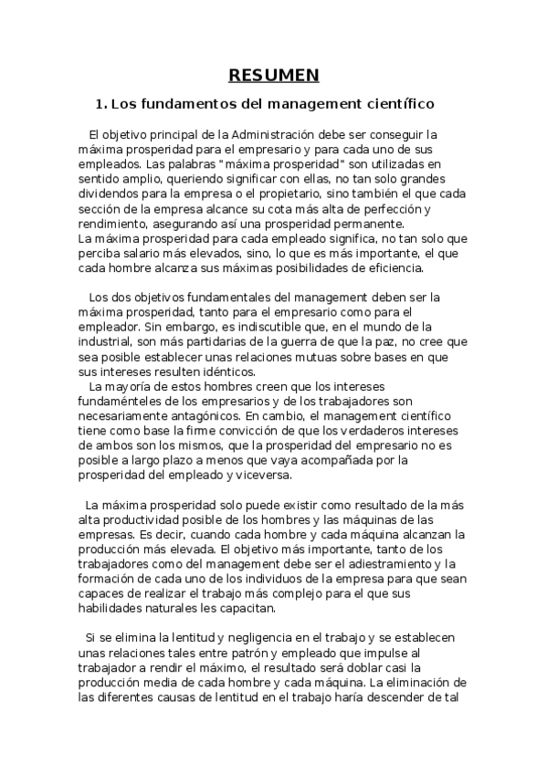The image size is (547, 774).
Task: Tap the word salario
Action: pos(137,253)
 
